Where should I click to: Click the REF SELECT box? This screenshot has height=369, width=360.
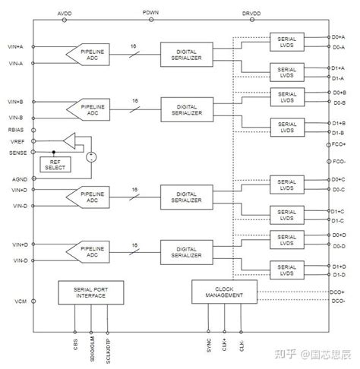click(54, 164)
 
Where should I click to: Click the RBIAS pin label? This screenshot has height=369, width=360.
click(16, 129)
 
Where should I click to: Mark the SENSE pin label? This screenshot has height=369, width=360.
click(16, 153)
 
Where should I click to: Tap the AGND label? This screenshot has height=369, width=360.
click(19, 178)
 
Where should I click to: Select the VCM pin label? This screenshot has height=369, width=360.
click(20, 301)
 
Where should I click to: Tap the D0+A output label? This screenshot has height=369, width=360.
click(339, 36)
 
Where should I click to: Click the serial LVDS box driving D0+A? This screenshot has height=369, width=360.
click(286, 40)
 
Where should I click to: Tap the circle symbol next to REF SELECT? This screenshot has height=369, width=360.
click(91, 157)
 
